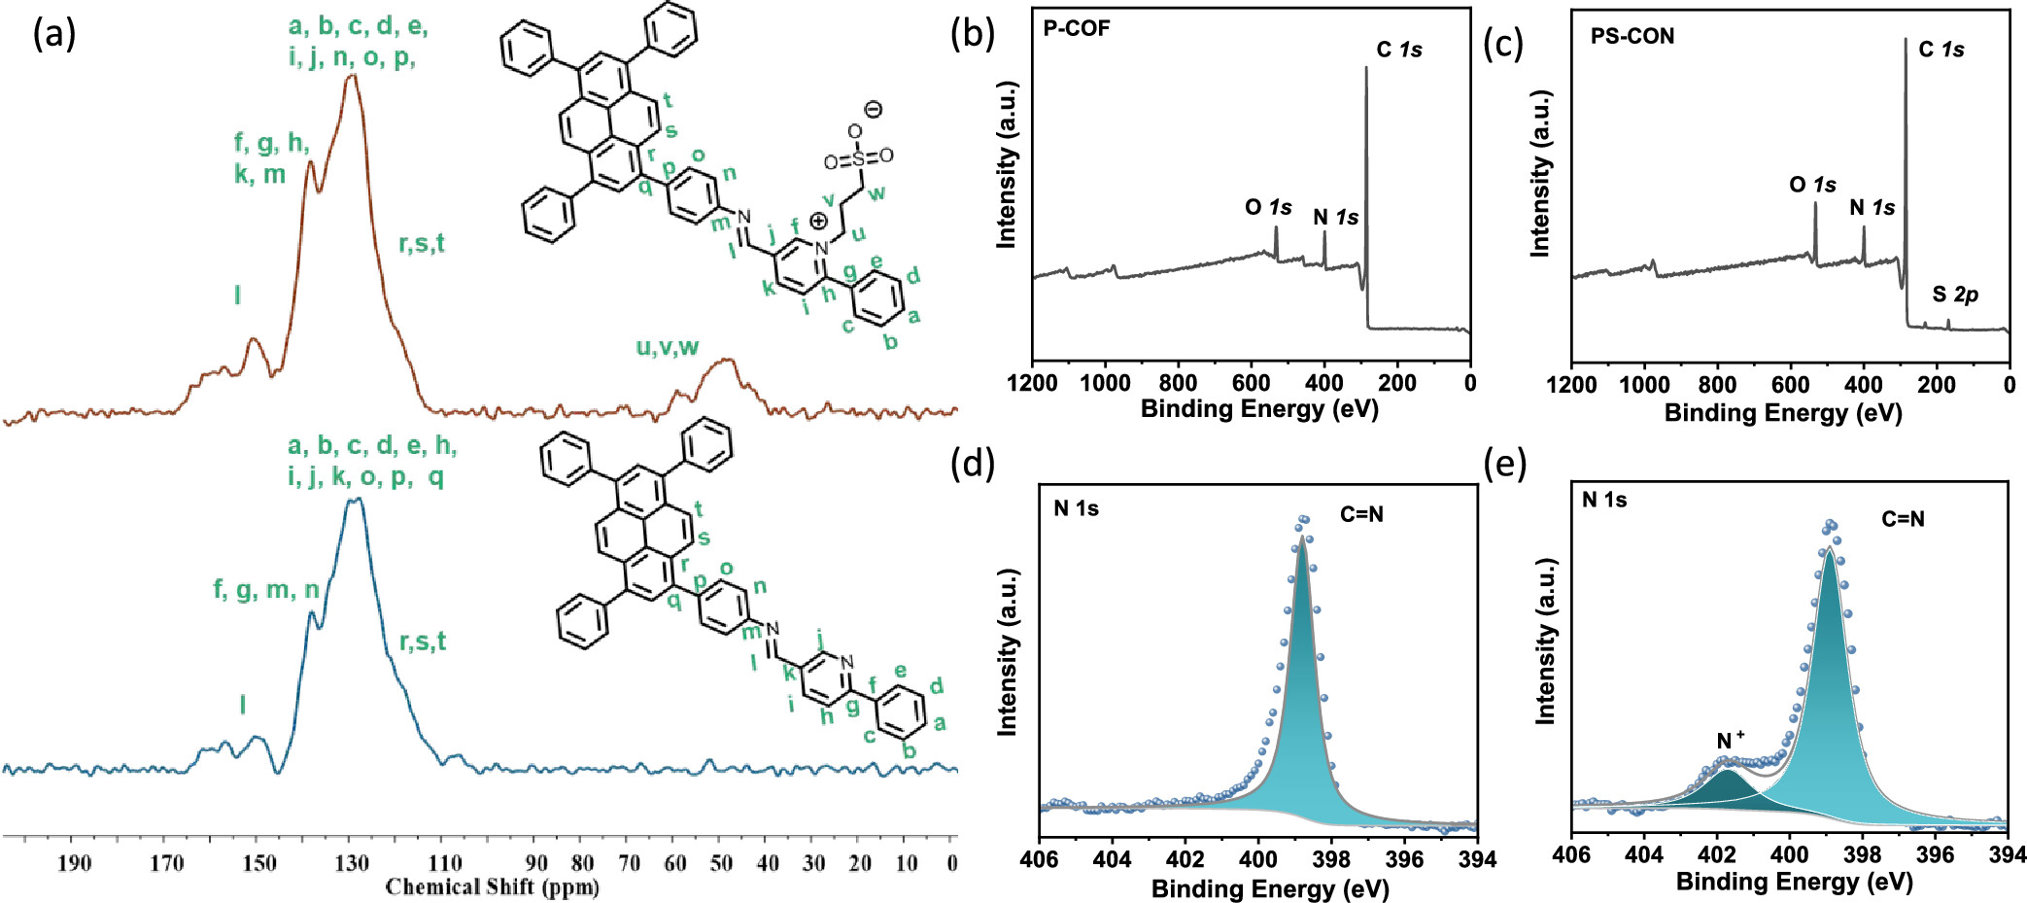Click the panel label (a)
[x=53, y=35]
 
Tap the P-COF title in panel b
[x=1076, y=28]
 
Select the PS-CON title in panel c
[x=1632, y=37]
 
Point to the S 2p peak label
[x=1955, y=295]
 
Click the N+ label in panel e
[x=1730, y=741]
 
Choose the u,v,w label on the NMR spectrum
[x=667, y=347]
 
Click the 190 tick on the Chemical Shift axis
[x=74, y=863]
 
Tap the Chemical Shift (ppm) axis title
[x=492, y=887]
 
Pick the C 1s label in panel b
[x=1398, y=50]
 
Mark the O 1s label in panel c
[x=1812, y=185]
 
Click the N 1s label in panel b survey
[x=1335, y=218]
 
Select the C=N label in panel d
[x=1361, y=514]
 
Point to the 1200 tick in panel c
[x=1571, y=385]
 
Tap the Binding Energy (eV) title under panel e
[x=1794, y=883]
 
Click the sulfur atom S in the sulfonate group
[x=858, y=158]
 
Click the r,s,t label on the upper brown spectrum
[x=422, y=243]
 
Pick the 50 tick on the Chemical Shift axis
[x=721, y=863]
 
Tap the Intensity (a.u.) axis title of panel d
[x=1007, y=652]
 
